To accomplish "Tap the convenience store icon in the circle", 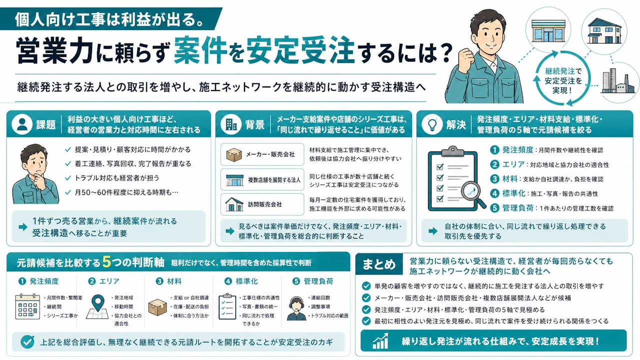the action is click(x=548, y=31).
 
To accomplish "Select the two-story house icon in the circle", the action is click(x=604, y=31).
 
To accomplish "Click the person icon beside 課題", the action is click(x=22, y=124).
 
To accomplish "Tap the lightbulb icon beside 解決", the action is click(x=432, y=124).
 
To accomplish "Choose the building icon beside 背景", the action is click(x=231, y=124).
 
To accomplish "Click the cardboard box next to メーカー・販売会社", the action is click(x=234, y=154).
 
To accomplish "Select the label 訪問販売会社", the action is click(x=265, y=204).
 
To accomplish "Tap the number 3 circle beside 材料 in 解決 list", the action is click(x=494, y=179).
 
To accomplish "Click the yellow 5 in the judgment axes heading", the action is click(x=106, y=261).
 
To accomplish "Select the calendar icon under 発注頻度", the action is click(x=27, y=306).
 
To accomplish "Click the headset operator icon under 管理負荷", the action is click(x=296, y=308).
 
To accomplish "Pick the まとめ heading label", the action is click(x=379, y=264).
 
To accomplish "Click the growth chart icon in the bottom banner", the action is click(x=380, y=341).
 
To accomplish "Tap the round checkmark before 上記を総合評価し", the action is click(x=27, y=341).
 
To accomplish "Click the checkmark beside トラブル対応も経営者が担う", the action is click(x=67, y=178).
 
